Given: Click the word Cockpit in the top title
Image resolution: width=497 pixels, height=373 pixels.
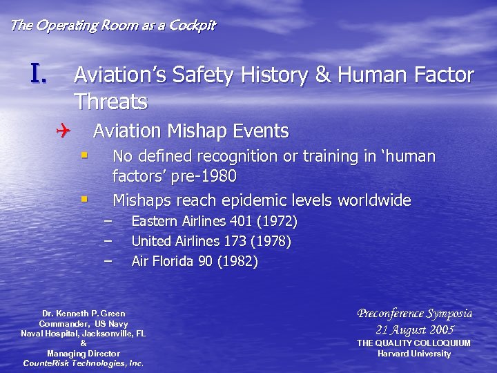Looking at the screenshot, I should click(192, 26).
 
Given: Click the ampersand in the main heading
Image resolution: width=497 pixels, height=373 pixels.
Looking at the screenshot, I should click(323, 75).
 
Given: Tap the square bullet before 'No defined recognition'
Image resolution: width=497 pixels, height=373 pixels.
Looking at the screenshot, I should click(84, 155).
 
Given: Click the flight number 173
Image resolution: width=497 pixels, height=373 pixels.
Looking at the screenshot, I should click(233, 242).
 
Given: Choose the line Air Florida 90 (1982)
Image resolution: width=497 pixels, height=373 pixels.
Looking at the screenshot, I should click(195, 262).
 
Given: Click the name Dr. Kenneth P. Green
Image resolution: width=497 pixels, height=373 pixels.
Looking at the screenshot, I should click(84, 314).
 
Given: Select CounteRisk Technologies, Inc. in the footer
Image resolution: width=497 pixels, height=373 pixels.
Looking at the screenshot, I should click(84, 363).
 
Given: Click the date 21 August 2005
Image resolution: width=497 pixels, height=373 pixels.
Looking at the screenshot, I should click(414, 329).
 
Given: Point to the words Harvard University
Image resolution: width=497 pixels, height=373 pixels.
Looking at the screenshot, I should click(413, 354).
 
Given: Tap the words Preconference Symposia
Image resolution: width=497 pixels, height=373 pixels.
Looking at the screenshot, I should click(414, 314).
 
